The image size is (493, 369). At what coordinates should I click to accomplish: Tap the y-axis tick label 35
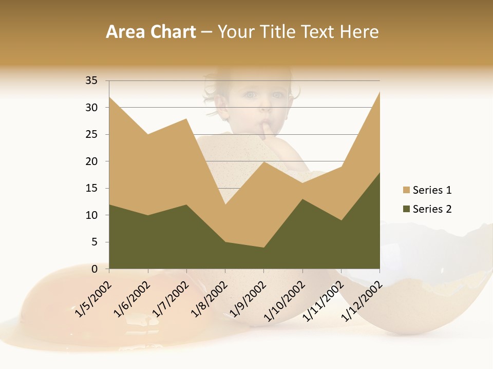[x=91, y=80]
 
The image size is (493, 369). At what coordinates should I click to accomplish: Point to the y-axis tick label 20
[x=91, y=161]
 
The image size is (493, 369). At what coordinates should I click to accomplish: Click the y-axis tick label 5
[x=94, y=242]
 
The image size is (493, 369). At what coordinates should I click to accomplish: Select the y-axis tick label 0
[x=94, y=269]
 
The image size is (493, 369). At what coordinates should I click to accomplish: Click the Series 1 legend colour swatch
[x=407, y=190]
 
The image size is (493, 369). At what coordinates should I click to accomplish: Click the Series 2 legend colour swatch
[x=407, y=209]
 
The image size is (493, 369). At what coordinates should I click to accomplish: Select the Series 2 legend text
[x=432, y=209]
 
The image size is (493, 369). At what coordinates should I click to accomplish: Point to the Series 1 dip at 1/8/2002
[x=225, y=204]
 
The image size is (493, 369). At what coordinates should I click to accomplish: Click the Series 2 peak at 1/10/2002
[x=302, y=199]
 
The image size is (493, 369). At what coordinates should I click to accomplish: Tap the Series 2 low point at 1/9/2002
[x=264, y=248]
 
